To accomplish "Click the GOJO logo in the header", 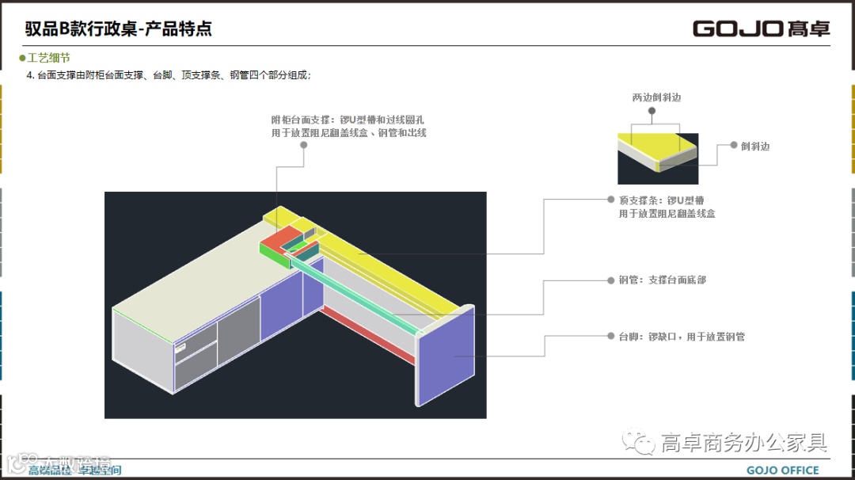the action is (x=761, y=29).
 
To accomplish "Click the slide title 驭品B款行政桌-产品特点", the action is (x=118, y=29).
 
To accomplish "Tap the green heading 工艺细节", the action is (x=48, y=58).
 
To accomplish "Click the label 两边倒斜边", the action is (x=656, y=97).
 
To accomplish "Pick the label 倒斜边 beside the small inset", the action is (x=755, y=146).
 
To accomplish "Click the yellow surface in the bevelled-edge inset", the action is (x=649, y=147).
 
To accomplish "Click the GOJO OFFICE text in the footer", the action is (x=782, y=470).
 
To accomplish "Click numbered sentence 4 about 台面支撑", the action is (x=169, y=75).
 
